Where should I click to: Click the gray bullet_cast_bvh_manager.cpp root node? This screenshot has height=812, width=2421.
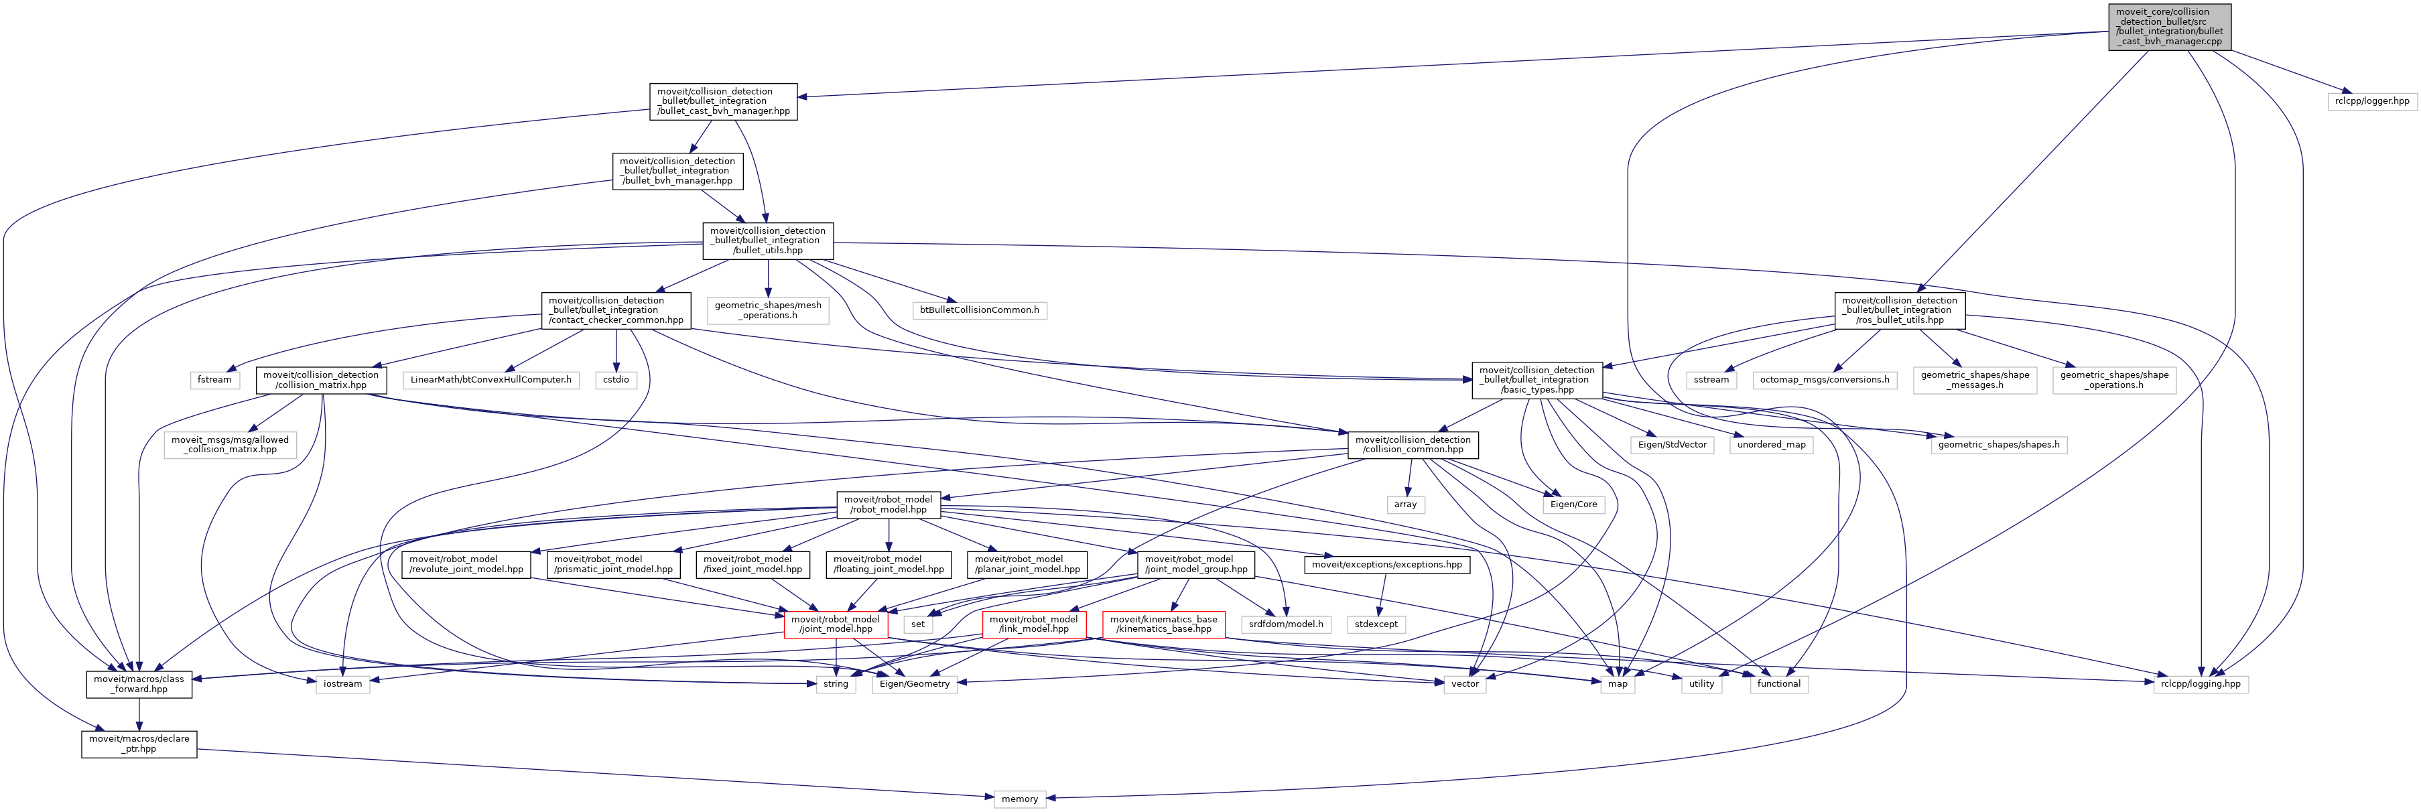(x=2169, y=26)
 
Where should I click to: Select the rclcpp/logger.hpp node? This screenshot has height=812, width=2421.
(x=2372, y=100)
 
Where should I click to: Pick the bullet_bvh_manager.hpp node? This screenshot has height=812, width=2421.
(x=677, y=171)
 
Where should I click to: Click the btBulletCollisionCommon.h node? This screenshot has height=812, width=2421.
(x=979, y=310)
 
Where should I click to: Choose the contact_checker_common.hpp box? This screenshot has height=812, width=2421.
(x=616, y=310)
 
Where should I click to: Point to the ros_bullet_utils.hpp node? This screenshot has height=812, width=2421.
(x=1900, y=310)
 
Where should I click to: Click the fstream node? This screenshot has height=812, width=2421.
(x=214, y=380)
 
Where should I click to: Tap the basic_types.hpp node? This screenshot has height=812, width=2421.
(x=1536, y=380)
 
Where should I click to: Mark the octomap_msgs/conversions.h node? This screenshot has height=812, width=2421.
(x=1824, y=380)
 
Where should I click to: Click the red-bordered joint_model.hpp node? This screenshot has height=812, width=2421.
(x=836, y=624)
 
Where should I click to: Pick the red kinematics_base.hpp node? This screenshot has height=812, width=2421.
(x=1163, y=624)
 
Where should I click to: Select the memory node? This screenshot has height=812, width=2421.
(x=1020, y=799)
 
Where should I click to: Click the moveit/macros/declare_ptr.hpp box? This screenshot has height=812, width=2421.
(x=139, y=744)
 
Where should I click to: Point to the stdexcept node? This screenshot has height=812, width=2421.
(x=1376, y=624)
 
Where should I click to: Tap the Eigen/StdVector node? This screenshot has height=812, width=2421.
(x=1672, y=445)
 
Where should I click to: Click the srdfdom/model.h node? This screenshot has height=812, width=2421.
(x=1286, y=624)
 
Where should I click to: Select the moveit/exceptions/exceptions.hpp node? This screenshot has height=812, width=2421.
(x=1386, y=565)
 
